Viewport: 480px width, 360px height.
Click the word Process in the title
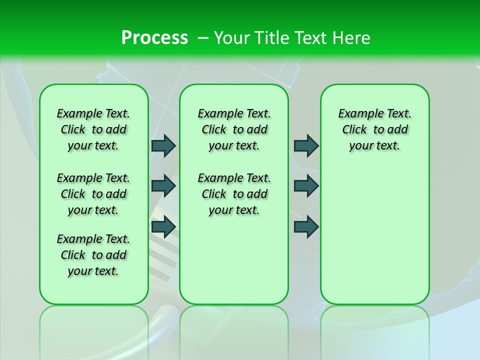click(154, 37)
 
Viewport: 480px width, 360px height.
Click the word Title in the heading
click(271, 38)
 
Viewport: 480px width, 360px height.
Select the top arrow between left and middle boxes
click(163, 145)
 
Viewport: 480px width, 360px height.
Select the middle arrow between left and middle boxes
click(163, 186)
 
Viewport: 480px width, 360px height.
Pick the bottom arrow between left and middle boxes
click(163, 226)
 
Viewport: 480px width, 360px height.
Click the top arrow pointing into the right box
click(306, 145)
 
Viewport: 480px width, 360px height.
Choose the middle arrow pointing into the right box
click(306, 186)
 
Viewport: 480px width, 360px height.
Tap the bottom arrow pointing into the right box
click(306, 226)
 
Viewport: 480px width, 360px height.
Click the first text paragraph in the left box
click(93, 129)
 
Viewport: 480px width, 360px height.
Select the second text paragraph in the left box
click(93, 194)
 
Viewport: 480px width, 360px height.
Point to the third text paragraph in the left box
click(93, 255)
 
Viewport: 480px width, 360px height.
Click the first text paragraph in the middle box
click(234, 129)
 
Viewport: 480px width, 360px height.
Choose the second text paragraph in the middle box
click(234, 194)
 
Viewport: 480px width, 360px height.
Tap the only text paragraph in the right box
click(374, 129)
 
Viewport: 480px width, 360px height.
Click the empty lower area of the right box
click(374, 235)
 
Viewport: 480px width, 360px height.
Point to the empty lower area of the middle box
click(234, 260)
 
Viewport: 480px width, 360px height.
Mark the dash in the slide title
click(203, 38)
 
